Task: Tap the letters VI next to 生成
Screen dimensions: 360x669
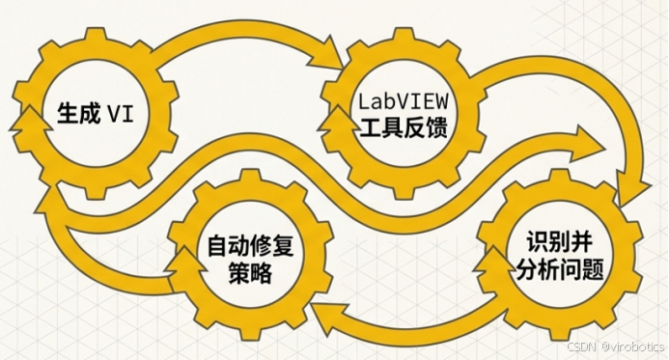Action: pyautogui.click(x=120, y=115)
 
